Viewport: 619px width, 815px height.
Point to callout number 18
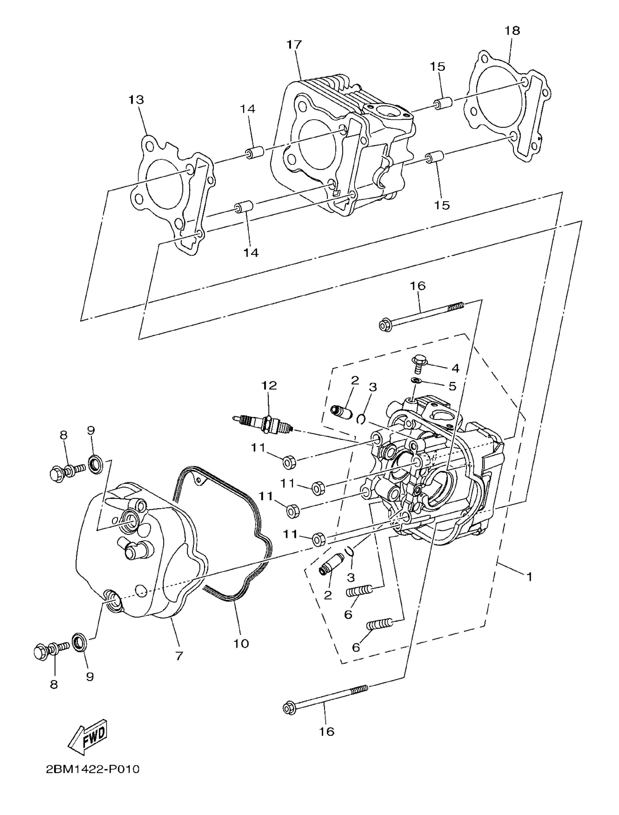tap(512, 31)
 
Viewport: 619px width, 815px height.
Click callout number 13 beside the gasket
tap(136, 100)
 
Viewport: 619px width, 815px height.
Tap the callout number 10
tap(241, 644)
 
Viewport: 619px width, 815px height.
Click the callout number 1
tap(529, 577)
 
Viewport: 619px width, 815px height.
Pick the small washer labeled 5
tap(416, 380)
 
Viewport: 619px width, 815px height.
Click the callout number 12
tap(269, 386)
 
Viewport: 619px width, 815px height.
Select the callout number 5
tap(453, 386)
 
